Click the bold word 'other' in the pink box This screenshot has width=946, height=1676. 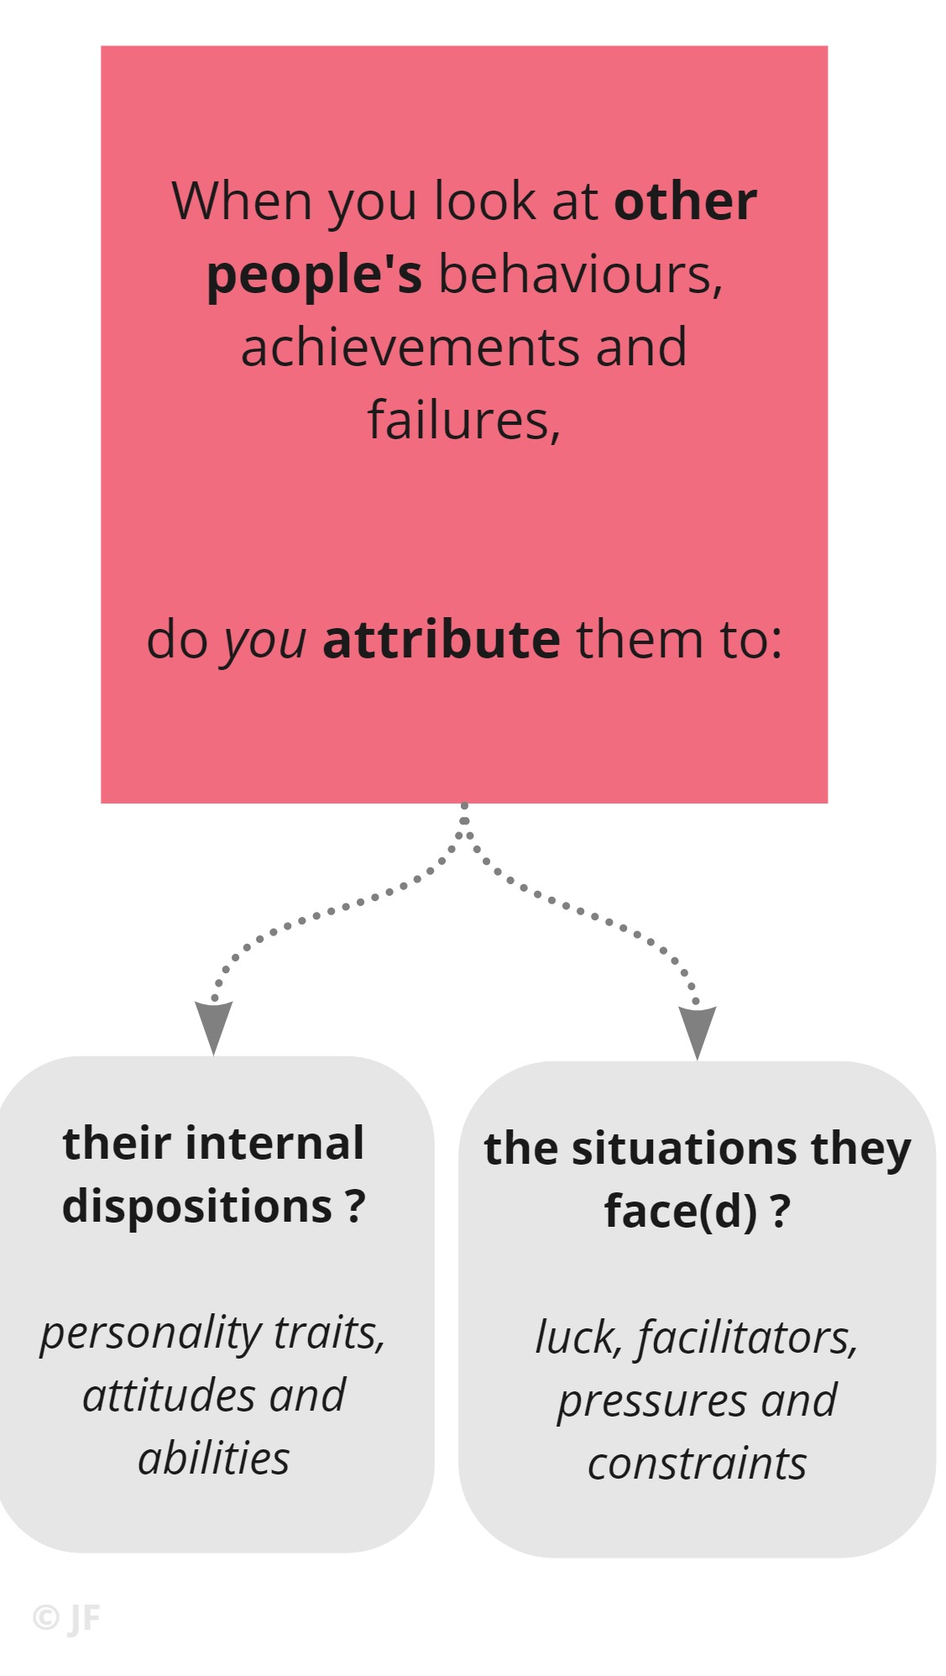pyautogui.click(x=685, y=202)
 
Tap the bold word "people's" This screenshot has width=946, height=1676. pyautogui.click(x=314, y=276)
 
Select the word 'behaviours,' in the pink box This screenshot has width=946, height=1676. pyautogui.click(x=580, y=275)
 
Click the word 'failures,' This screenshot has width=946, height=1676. pyautogui.click(x=464, y=420)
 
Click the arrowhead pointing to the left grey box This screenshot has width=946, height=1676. pyautogui.click(x=213, y=1026)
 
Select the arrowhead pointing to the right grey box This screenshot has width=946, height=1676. pyautogui.click(x=697, y=1032)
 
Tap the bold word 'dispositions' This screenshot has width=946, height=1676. pyautogui.click(x=198, y=1207)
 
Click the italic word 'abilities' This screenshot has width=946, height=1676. pyautogui.click(x=214, y=1458)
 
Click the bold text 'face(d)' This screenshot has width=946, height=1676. pyautogui.click(x=681, y=1212)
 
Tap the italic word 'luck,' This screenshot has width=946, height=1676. pyautogui.click(x=579, y=1338)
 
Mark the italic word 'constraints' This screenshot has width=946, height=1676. pyautogui.click(x=697, y=1464)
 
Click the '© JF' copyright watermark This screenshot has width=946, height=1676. pyautogui.click(x=66, y=1617)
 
